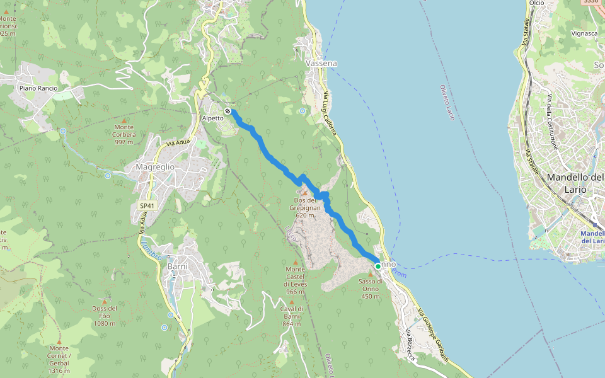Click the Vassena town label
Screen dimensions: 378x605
click(321, 64)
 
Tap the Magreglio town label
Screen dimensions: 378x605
click(155, 167)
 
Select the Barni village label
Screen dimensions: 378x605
click(178, 266)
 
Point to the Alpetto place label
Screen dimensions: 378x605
click(212, 118)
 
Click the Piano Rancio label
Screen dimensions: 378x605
click(38, 88)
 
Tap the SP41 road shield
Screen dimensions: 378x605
click(147, 205)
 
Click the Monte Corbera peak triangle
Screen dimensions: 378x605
click(124, 120)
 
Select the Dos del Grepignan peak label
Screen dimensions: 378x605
click(304, 208)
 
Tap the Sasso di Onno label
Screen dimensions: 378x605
click(371, 289)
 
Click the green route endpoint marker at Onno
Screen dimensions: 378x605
click(378, 266)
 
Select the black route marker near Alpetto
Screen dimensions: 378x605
click(228, 111)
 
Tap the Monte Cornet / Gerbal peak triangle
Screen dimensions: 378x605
click(59, 341)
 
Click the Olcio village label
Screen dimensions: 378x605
click(537, 3)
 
